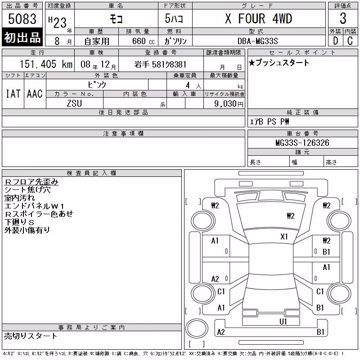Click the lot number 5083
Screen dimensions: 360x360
(x=22, y=19)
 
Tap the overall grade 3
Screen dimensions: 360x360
(x=343, y=18)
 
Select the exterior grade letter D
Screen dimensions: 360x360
(x=335, y=41)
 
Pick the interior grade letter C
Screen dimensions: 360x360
(x=350, y=41)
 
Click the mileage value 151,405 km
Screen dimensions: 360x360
(x=46, y=64)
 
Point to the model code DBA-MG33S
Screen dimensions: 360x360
(x=257, y=41)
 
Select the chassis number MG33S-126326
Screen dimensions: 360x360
(x=302, y=143)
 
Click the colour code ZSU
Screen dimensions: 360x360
(x=74, y=103)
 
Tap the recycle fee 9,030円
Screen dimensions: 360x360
(x=229, y=104)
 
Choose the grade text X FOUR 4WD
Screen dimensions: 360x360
(x=258, y=18)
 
